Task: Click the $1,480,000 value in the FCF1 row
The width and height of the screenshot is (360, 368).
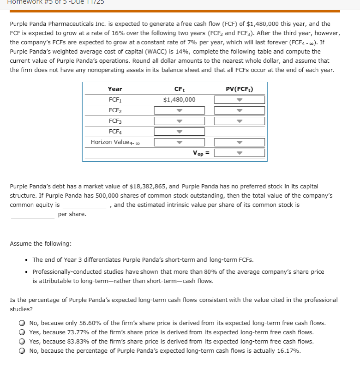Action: tap(179, 100)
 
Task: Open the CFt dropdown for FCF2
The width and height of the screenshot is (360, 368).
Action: tap(179, 110)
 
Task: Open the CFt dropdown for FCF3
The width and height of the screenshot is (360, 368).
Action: tap(179, 121)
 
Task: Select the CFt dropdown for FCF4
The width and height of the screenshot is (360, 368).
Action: tap(179, 132)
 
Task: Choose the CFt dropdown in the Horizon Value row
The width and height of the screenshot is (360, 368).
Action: tap(179, 142)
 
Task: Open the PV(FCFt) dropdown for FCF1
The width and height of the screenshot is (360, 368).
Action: tap(239, 100)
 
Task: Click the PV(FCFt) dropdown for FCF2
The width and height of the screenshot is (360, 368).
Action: tap(239, 110)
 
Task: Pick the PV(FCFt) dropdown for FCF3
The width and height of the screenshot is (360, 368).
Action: tap(239, 121)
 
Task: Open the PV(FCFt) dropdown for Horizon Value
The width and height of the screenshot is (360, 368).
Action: tap(239, 142)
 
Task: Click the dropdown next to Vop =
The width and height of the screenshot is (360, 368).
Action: tap(239, 153)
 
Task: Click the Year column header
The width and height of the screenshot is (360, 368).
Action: tap(115, 89)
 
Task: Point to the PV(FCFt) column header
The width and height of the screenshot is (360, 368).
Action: tap(239, 89)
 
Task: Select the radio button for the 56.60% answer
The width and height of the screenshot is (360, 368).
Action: tap(22, 323)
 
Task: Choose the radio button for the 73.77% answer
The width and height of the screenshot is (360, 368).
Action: tap(22, 332)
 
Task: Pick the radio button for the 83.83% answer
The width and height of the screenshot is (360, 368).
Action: tap(22, 342)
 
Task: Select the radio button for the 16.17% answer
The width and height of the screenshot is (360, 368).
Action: tap(22, 351)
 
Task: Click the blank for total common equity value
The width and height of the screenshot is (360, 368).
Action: tap(85, 205)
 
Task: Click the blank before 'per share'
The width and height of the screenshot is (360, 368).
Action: tap(32, 214)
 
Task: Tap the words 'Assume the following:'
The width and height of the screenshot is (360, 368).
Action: tap(41, 243)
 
